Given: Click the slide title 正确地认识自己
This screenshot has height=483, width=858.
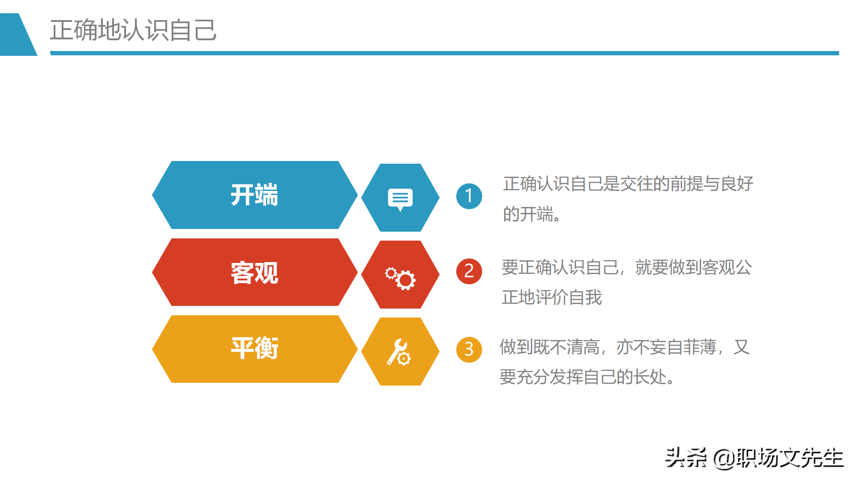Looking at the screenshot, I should point(133,30).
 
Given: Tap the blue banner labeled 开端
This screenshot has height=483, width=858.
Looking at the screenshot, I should point(254,195).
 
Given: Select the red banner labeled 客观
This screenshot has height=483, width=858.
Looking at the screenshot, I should point(254,272).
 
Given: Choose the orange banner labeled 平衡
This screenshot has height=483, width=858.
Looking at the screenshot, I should point(254,349).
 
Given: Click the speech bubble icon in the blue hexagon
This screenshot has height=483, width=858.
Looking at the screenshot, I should point(400,198).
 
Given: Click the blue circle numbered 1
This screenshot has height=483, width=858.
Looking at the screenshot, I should point(469,196).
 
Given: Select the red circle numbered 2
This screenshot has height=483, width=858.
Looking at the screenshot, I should point(469,271).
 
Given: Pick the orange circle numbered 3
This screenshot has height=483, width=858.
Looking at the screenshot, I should point(469,349).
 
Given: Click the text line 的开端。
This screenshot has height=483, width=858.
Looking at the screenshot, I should point(532,214).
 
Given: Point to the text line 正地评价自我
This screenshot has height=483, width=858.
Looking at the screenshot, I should point(551,297).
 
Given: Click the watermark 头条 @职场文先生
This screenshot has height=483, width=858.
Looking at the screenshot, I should point(754,458).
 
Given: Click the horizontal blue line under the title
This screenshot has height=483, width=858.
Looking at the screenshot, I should point(444,53).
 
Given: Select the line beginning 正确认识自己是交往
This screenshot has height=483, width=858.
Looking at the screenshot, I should point(628,184).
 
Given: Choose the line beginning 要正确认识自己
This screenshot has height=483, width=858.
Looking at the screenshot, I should point(627,267).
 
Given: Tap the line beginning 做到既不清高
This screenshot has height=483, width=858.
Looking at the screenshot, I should point(624,347).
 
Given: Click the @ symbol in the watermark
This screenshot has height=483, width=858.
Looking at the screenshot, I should point(724,458).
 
